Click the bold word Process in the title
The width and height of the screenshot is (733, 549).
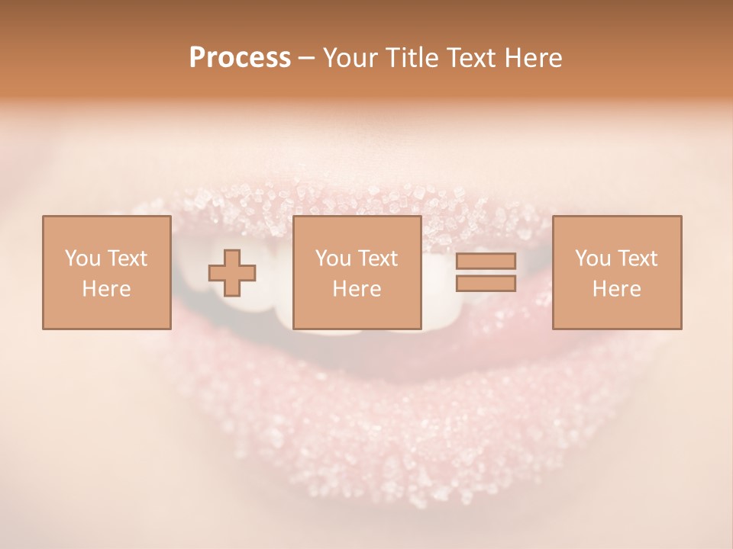pos(240,58)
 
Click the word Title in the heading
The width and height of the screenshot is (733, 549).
pos(408,58)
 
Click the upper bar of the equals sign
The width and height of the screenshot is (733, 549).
pos(486,261)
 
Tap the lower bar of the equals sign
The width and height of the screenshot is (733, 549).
pos(486,283)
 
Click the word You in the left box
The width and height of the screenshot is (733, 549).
pos(82,258)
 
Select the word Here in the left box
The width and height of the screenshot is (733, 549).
pos(106,289)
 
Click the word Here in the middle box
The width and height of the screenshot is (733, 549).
pos(357,289)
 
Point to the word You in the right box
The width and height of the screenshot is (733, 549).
pos(593,258)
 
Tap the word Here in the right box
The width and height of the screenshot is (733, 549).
pos(616,289)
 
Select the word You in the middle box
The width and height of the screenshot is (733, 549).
pos(334,258)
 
